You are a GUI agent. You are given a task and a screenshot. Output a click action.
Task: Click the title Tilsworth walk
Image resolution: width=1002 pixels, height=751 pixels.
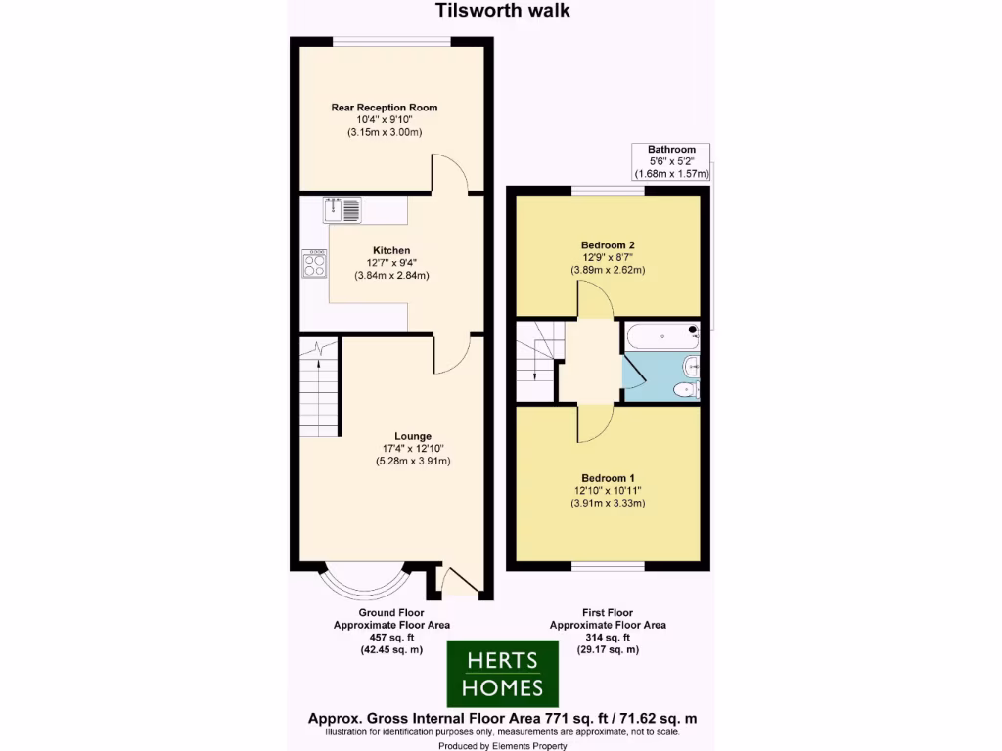click(x=502, y=12)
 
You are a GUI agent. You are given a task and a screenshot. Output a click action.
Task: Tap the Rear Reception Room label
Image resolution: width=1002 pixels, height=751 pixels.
click(x=384, y=107)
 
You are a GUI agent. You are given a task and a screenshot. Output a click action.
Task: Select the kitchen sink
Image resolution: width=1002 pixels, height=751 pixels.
click(x=342, y=207)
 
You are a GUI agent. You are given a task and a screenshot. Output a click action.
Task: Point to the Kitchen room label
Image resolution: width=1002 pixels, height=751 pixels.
click(x=391, y=250)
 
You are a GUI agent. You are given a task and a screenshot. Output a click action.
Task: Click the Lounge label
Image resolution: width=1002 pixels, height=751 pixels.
click(x=412, y=436)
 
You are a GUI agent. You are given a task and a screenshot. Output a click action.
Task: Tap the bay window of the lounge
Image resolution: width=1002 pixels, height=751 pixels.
click(x=364, y=583)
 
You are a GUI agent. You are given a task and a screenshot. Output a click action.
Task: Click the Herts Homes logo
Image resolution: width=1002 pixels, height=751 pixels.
click(x=502, y=673)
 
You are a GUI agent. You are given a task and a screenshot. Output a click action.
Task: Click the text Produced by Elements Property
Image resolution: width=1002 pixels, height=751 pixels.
click(x=502, y=745)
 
